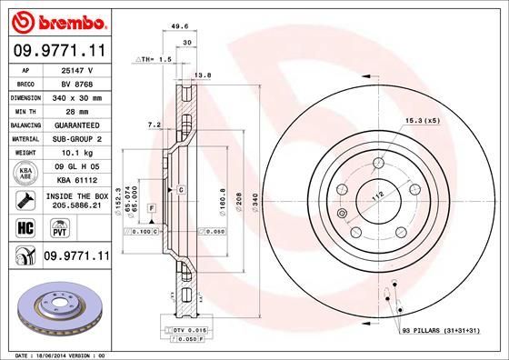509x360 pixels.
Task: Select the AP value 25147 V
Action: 76,70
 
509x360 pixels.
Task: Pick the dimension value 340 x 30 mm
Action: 76,96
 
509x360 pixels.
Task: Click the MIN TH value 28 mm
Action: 76,110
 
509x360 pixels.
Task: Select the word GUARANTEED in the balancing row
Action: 76,124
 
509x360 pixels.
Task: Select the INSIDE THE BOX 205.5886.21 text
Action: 76,201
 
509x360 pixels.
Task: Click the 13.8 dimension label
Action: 204,75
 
